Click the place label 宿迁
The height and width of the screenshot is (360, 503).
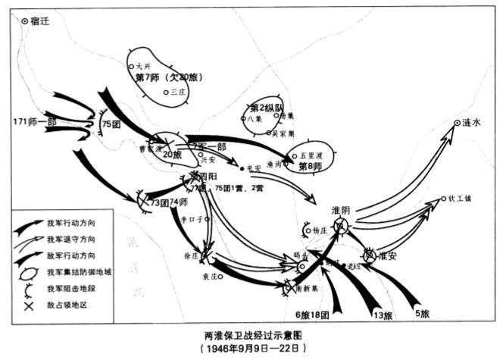tap(39, 21)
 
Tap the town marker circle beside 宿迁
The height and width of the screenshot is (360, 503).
tap(25, 22)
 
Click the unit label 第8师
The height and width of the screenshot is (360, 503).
tap(312, 167)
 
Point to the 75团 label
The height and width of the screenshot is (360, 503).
tap(112, 124)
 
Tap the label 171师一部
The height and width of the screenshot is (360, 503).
tap(30, 121)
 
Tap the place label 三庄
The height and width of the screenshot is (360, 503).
tap(178, 92)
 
